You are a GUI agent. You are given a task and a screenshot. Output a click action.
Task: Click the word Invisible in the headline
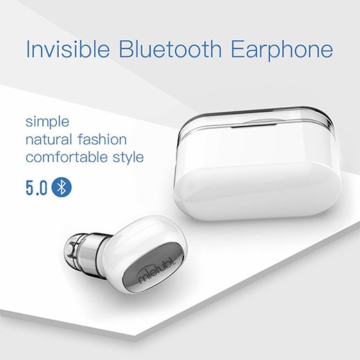click(68, 49)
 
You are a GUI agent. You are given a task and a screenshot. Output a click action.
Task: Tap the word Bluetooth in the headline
click(170, 49)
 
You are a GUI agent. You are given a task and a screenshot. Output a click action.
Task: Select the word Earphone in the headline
click(282, 51)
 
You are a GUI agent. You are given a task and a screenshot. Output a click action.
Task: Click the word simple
click(47, 122)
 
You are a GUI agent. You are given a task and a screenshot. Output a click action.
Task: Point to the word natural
click(48, 140)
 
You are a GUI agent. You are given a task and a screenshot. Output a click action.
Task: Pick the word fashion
click(102, 140)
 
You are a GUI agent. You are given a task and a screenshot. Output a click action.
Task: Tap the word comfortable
click(66, 157)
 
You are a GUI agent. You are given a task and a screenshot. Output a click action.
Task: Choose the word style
click(128, 159)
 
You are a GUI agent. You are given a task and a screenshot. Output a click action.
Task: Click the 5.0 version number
click(37, 187)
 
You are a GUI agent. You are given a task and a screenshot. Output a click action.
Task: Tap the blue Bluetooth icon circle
click(62, 187)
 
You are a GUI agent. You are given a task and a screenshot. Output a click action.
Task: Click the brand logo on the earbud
click(157, 270)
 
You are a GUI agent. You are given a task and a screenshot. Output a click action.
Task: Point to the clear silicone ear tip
click(72, 249)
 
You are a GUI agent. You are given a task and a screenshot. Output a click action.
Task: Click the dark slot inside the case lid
click(254, 126)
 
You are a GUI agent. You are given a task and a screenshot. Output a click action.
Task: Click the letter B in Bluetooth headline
click(126, 49)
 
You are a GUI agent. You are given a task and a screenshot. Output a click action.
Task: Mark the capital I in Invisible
click(28, 49)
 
